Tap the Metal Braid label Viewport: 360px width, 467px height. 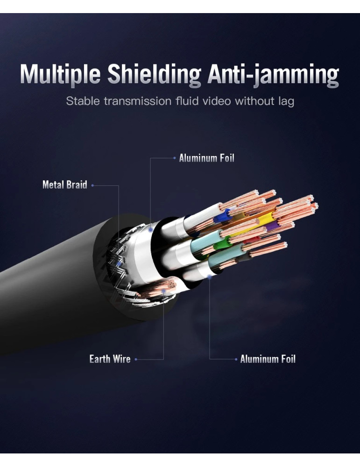click(64, 185)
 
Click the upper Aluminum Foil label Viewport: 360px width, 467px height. click(206, 158)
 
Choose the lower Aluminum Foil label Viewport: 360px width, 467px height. click(268, 359)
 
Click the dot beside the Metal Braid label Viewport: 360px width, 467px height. click(92, 185)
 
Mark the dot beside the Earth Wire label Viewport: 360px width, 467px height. click(136, 360)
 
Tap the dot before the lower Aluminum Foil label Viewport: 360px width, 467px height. click(236, 360)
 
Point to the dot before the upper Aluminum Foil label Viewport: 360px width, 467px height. click(174, 158)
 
